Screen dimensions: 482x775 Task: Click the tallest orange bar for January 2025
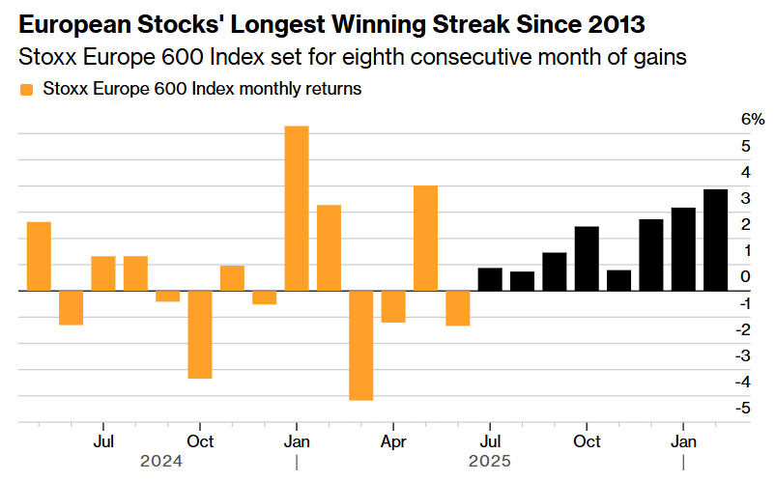297,208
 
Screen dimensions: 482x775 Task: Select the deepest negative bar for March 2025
361,345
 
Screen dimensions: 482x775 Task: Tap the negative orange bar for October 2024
200,334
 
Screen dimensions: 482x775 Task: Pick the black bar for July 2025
490,279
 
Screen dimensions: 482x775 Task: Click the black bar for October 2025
587,258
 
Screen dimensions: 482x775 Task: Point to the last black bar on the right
716,240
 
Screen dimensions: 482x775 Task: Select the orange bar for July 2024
103,273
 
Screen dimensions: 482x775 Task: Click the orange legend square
26,90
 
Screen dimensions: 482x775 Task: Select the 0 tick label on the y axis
745,276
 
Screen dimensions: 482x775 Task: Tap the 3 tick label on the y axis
745,198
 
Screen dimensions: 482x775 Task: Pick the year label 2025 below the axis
490,461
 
